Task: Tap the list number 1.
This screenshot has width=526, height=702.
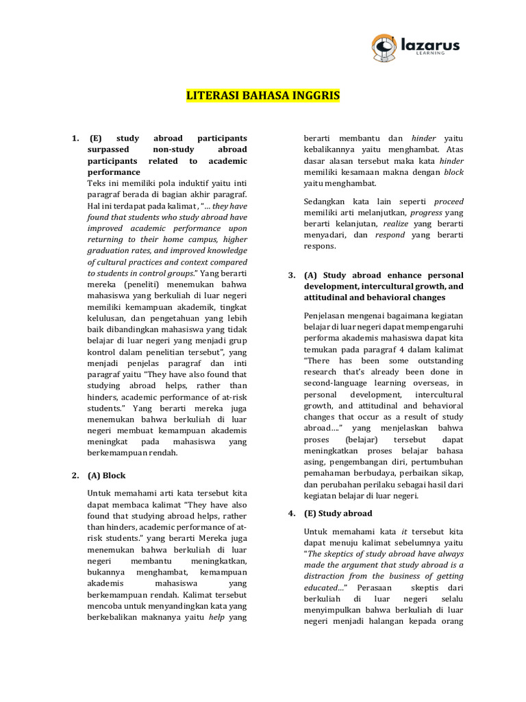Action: [x=75, y=139]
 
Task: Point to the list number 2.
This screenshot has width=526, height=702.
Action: [x=75, y=475]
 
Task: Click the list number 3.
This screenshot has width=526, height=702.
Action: [x=290, y=276]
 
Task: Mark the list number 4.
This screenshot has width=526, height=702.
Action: [x=290, y=513]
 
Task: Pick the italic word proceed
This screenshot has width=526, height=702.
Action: [x=449, y=202]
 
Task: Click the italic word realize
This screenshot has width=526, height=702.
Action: [x=395, y=223]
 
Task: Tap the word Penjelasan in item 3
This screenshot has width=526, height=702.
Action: [x=326, y=315]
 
